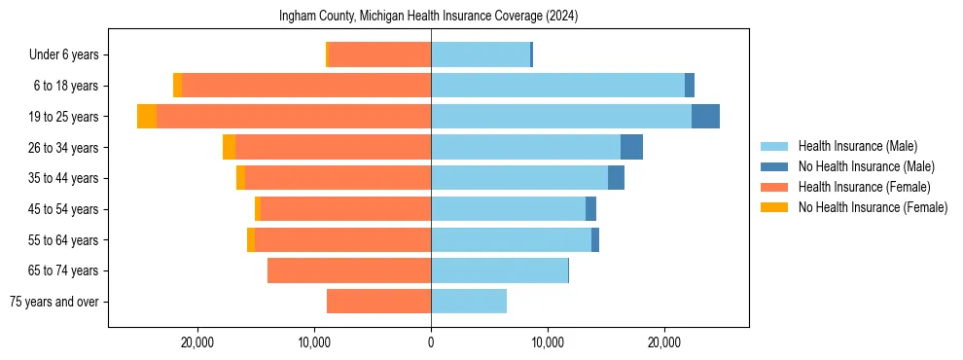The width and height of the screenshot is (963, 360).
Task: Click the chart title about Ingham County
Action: (428, 17)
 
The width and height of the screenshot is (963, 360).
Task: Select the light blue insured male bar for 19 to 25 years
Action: (561, 117)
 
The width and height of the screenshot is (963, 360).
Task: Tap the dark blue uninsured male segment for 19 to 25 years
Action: (705, 117)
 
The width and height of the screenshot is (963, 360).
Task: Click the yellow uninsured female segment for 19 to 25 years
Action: (147, 117)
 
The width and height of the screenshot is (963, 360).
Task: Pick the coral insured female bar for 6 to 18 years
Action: (306, 86)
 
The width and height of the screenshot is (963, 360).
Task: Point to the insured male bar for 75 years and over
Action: (469, 302)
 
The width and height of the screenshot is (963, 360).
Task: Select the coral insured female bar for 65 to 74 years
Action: (349, 270)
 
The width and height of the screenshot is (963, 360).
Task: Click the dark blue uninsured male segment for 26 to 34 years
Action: (631, 147)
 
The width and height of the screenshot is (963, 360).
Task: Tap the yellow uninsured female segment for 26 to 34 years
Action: (229, 147)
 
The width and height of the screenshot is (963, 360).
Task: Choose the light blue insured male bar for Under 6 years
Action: (481, 54)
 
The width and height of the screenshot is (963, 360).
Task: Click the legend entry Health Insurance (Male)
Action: (857, 146)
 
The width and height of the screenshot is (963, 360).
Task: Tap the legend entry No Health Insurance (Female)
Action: (872, 207)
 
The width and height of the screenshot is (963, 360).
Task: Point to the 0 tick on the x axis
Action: (431, 342)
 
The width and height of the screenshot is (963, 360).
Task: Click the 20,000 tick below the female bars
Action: (197, 342)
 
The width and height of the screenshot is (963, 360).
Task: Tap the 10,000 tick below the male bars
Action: (548, 342)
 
